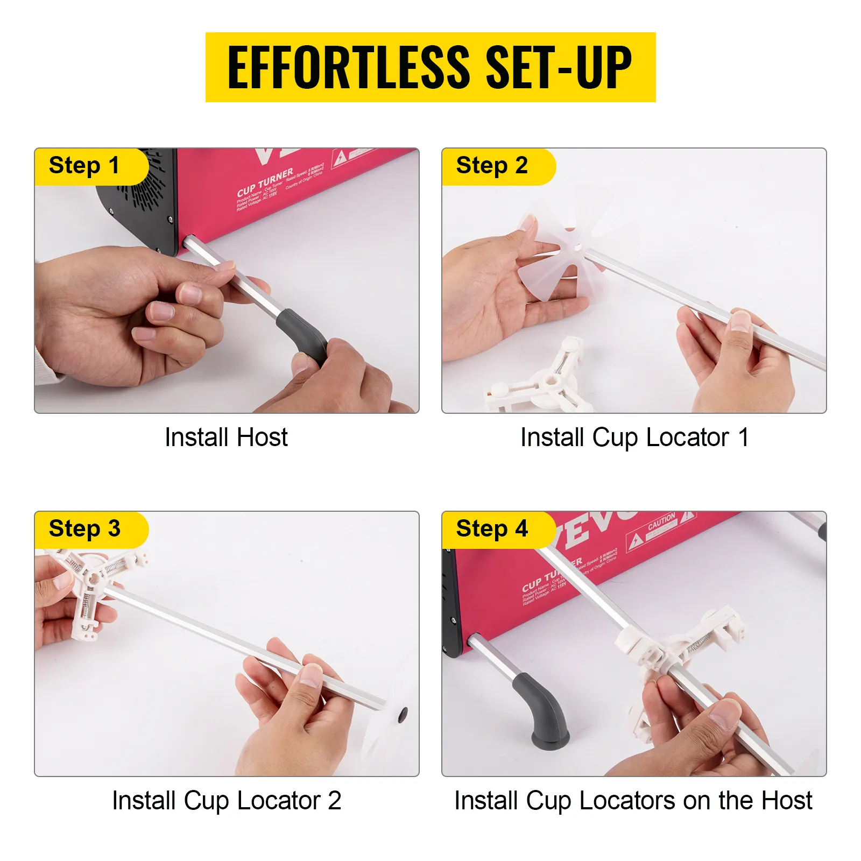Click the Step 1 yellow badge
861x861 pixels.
tap(84, 166)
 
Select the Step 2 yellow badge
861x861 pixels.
tap(492, 166)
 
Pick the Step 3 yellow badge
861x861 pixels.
tap(84, 529)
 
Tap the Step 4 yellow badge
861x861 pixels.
tap(492, 529)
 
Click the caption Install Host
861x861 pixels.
tap(226, 437)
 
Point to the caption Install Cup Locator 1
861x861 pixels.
tap(634, 437)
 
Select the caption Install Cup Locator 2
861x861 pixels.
tap(226, 800)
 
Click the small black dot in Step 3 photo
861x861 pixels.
tap(403, 715)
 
